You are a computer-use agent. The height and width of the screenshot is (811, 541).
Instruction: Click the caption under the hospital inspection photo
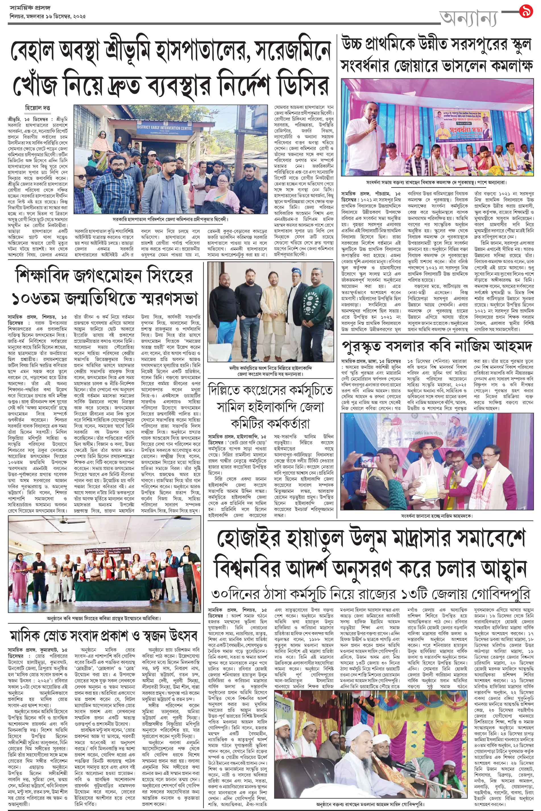click(171, 219)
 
